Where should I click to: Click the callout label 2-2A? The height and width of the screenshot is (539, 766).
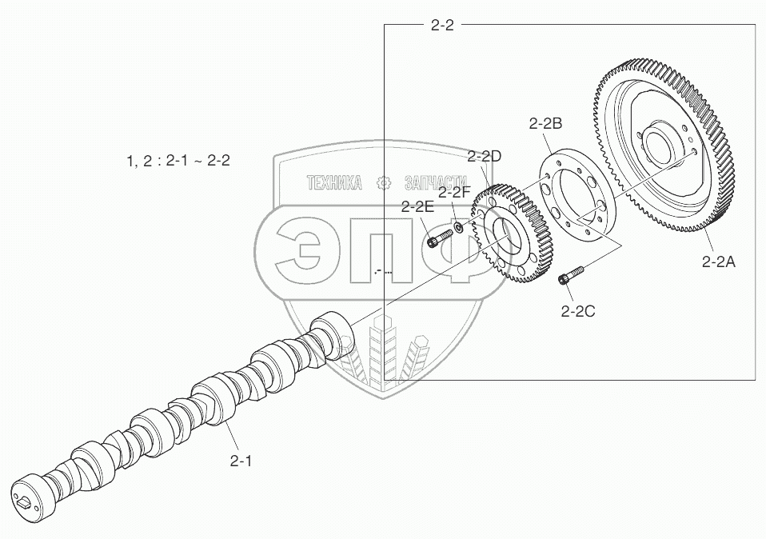(718, 262)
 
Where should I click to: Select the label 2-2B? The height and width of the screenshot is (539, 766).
(545, 124)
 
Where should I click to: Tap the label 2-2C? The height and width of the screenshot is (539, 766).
(578, 311)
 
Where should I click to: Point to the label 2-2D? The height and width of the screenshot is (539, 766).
(484, 157)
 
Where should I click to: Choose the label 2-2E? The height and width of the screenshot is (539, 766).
(417, 206)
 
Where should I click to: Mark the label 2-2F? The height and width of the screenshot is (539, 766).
(454, 193)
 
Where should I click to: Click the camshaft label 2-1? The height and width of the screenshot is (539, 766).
(241, 461)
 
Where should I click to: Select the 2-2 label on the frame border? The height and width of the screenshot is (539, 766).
(442, 25)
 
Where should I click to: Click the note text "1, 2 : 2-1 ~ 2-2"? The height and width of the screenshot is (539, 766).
(178, 160)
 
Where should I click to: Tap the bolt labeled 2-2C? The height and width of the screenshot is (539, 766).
(571, 274)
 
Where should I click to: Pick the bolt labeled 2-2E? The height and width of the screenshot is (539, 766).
(440, 238)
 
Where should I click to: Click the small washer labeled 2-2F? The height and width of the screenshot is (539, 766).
(459, 226)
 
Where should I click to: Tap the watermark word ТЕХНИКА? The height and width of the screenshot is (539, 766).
(335, 183)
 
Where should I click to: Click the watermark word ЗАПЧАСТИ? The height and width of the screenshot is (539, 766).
(436, 183)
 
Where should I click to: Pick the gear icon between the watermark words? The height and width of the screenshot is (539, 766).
(385, 183)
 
